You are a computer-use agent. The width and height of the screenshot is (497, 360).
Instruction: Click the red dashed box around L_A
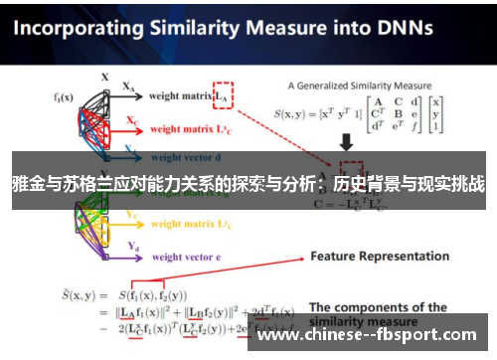pyautogui.click(x=224, y=93)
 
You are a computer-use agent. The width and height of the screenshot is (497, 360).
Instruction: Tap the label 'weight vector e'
pyautogui.click(x=187, y=257)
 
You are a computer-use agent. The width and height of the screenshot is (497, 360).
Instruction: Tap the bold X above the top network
pyautogui.click(x=104, y=76)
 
